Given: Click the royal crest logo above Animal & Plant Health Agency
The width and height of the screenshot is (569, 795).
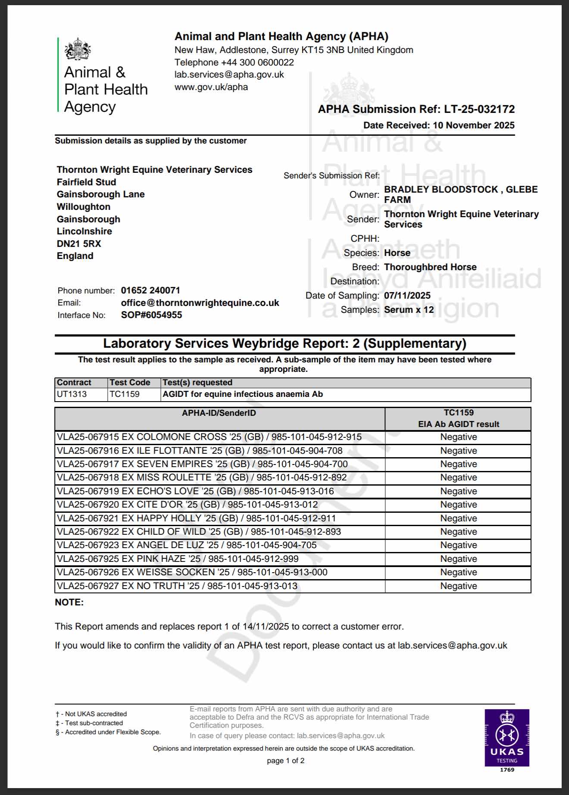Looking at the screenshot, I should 78,49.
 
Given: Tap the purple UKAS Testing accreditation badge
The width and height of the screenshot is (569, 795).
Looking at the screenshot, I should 507,738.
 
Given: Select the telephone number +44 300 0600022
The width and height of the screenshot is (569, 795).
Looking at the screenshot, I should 257,62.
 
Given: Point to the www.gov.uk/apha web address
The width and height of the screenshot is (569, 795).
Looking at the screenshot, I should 211,87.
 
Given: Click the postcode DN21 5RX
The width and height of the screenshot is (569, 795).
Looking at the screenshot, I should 79,244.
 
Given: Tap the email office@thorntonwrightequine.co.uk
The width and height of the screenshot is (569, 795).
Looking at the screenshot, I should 200,303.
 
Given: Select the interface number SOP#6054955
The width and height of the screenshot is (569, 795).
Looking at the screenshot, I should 151,315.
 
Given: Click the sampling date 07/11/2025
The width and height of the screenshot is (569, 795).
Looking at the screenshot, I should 407,296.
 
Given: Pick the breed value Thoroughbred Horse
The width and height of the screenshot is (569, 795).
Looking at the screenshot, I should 430,267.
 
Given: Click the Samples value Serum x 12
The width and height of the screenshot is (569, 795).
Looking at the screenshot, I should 409,310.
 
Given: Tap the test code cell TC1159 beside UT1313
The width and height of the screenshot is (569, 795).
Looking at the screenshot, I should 125,394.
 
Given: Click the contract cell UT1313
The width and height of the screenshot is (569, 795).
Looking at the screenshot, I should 72,394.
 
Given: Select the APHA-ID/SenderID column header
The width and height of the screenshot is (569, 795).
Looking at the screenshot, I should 219,413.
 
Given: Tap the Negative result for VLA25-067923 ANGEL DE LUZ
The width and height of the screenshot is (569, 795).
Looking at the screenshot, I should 459,545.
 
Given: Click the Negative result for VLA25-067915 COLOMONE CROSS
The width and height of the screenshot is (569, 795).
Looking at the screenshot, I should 459,437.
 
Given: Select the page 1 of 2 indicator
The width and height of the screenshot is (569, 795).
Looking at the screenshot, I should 285,761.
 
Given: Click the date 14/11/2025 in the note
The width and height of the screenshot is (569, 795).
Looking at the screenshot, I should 266,627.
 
